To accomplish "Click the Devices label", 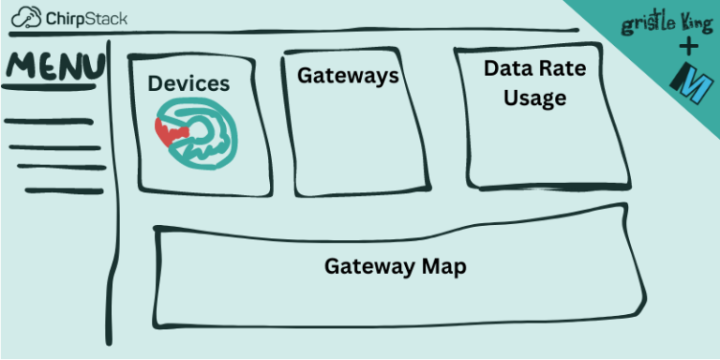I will (x=187, y=83).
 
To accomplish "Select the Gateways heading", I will (x=348, y=76).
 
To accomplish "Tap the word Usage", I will (x=534, y=97).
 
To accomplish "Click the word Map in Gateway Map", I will (x=443, y=266).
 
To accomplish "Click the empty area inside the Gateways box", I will (x=347, y=141).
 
